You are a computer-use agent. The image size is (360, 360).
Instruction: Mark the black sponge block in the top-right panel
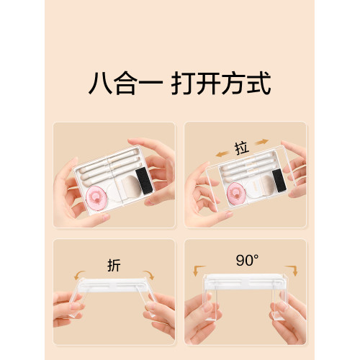point(275,181)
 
